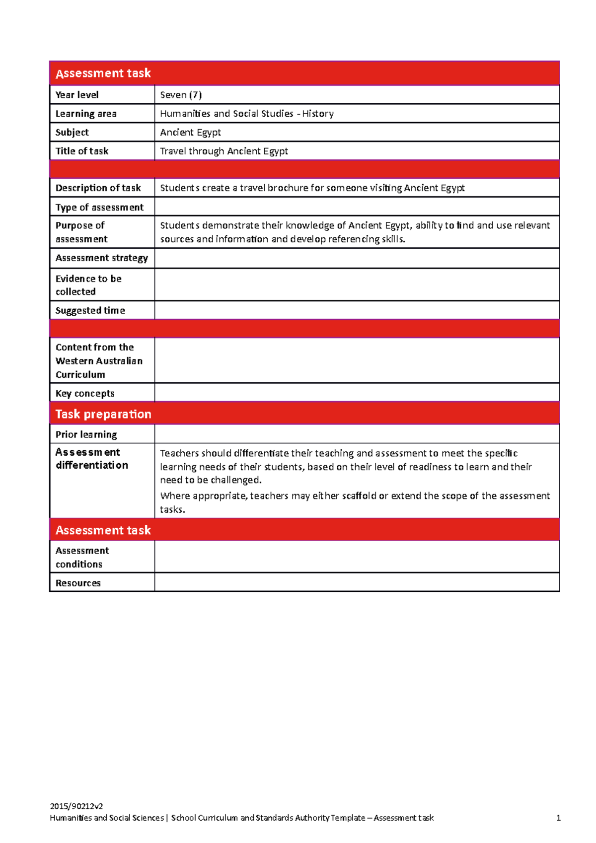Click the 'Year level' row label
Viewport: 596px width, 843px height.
point(77,95)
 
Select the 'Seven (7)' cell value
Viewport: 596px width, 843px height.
point(181,95)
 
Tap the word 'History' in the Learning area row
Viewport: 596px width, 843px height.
point(318,114)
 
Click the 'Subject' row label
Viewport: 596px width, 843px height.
point(72,133)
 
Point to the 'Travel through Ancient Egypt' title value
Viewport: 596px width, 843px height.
point(224,151)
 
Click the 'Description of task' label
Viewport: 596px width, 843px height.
point(98,188)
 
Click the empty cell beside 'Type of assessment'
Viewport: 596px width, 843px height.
point(356,207)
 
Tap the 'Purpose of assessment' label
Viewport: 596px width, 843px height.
point(81,232)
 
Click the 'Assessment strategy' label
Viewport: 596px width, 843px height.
point(102,258)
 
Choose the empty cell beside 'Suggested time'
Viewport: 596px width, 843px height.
point(356,310)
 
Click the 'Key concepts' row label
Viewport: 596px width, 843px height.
point(85,393)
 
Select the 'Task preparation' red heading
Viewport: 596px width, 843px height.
point(103,414)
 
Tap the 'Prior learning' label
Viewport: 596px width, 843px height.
point(86,434)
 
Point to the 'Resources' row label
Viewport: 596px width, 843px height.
point(78,583)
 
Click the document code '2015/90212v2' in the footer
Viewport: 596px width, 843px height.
point(76,806)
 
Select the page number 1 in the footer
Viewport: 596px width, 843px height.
point(558,818)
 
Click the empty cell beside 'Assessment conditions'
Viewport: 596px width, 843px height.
point(356,557)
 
